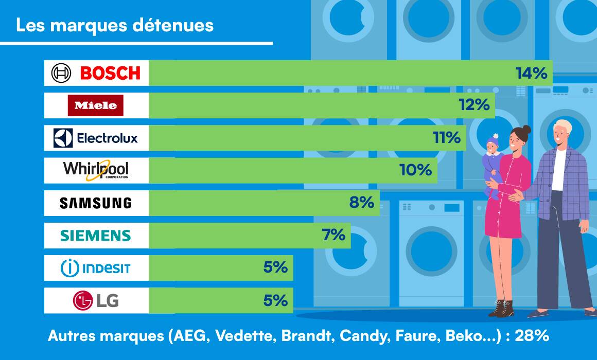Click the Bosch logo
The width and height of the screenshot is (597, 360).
click(x=96, y=73)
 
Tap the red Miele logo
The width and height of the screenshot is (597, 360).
click(x=96, y=105)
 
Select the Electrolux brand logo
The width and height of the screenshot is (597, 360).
click(x=96, y=138)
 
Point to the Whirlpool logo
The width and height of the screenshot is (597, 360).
click(x=96, y=170)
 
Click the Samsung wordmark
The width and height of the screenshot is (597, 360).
click(x=96, y=203)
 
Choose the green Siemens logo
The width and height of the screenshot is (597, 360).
click(x=96, y=236)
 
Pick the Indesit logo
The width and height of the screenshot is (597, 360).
click(x=96, y=268)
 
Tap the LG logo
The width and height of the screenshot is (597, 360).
click(x=96, y=300)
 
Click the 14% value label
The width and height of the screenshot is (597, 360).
click(x=531, y=74)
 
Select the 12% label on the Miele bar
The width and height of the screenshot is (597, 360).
click(x=473, y=105)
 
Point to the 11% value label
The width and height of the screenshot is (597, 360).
click(x=445, y=138)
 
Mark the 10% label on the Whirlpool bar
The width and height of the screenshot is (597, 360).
click(x=416, y=170)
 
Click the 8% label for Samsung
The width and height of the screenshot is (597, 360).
click(x=361, y=203)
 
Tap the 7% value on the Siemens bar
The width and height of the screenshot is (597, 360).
click(x=333, y=235)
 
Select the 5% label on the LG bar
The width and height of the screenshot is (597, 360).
click(x=275, y=300)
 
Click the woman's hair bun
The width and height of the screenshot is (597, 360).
click(x=525, y=129)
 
